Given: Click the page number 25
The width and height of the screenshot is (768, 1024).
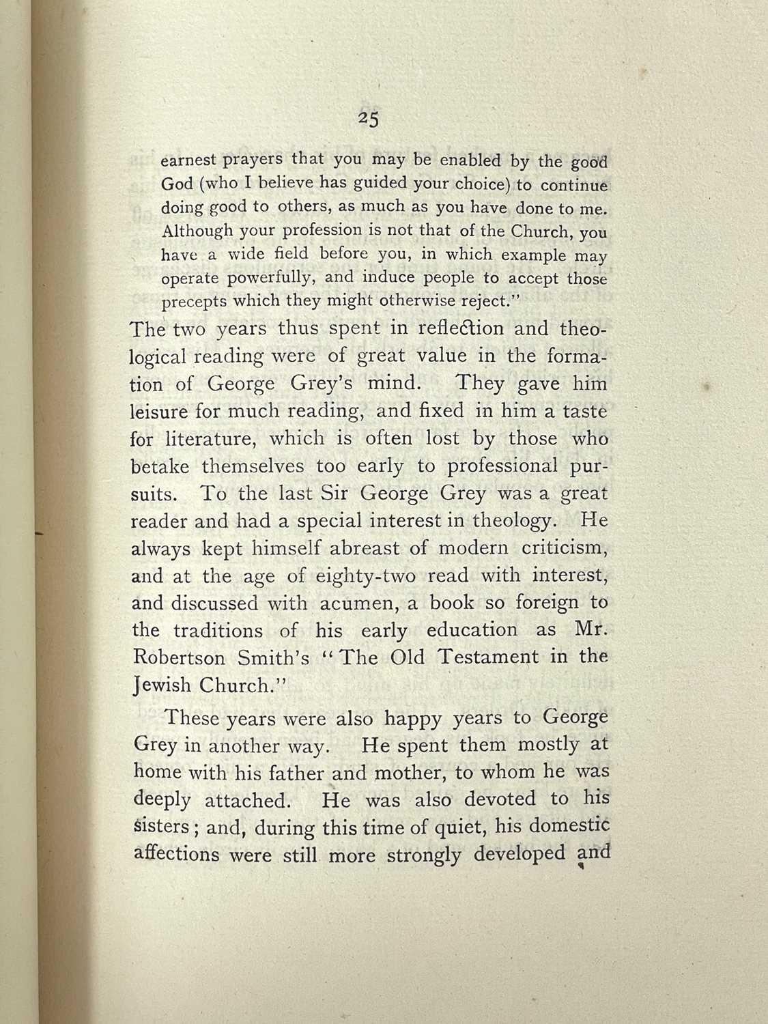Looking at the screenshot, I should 369,119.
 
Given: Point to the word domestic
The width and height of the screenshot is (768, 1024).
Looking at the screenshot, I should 569,826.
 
